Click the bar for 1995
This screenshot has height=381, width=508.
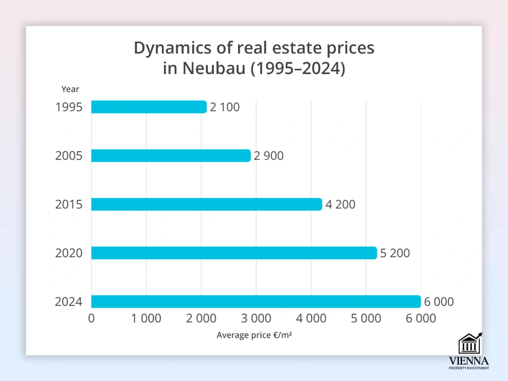pos(149,107)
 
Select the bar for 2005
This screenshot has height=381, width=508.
pos(170,156)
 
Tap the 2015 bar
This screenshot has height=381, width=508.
pos(206,204)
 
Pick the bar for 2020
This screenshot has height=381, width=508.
pos(234,253)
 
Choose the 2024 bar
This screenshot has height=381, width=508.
pos(256,302)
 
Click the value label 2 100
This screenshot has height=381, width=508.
pos(224,107)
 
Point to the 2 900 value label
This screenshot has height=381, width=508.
pos(268,156)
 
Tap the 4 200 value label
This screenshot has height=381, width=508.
pos(340,204)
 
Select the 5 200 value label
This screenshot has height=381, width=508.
pos(394,253)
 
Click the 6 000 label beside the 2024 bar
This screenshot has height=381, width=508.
pos(438,302)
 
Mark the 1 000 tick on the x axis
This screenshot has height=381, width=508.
pos(146,318)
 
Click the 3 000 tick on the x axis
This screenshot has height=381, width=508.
pos(256,318)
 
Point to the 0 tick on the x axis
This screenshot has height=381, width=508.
pos(92,318)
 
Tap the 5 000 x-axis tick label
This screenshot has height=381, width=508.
pos(366,318)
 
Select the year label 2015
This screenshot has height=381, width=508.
pos(69,204)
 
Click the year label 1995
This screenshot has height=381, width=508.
pos(69,107)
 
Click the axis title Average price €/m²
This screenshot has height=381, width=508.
pos(254,335)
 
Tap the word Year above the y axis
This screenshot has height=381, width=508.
pos(70,89)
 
